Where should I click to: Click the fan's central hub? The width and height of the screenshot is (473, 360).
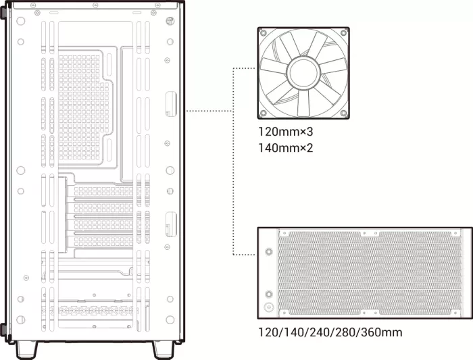[x=303, y=73]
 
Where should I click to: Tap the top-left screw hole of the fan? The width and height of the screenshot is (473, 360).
[x=264, y=32]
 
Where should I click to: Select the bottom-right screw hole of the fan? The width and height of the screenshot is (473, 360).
[x=343, y=113]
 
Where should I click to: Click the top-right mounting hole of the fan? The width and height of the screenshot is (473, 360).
[x=343, y=32]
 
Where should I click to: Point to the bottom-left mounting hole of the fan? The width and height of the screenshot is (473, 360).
[x=264, y=113]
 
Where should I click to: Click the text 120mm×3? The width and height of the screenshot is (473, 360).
[x=286, y=132]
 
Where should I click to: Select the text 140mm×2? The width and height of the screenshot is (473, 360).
[x=286, y=148]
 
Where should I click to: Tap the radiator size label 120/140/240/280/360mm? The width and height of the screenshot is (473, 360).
[x=330, y=332]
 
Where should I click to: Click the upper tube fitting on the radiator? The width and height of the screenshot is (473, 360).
[x=268, y=251]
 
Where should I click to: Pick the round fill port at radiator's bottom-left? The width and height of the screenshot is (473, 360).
[x=268, y=307]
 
